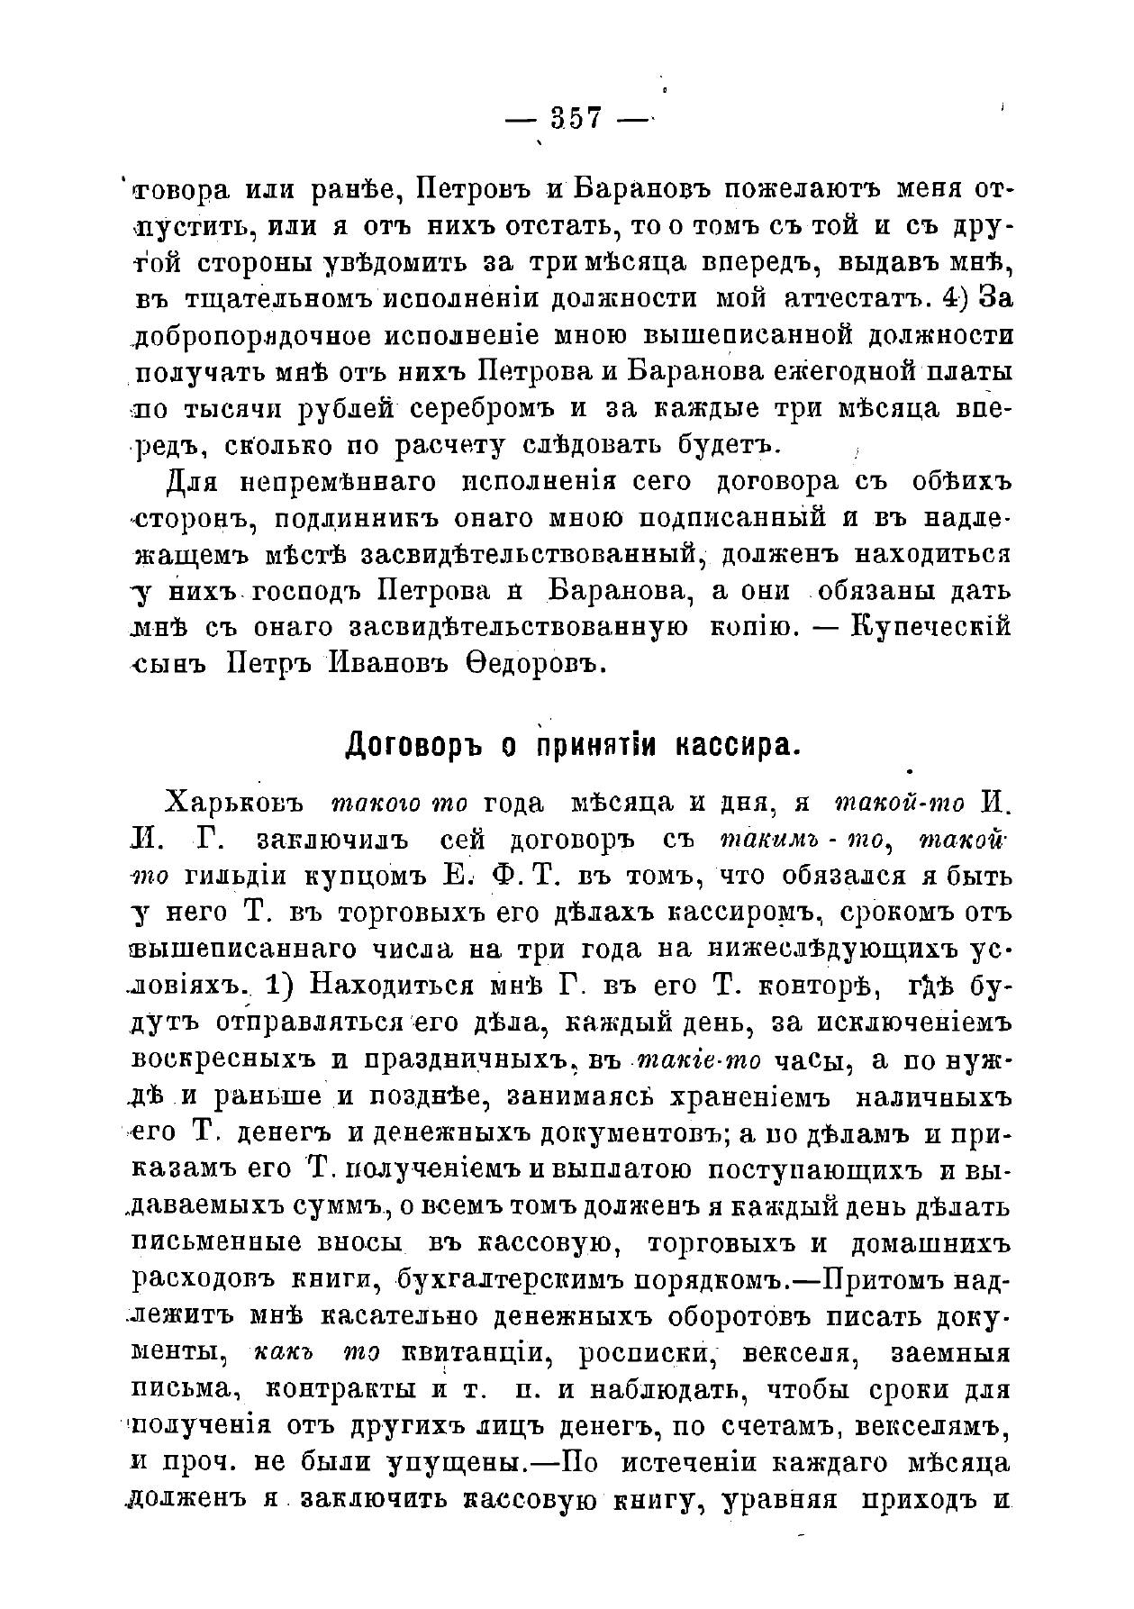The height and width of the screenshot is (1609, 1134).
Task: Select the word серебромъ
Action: pos(485,408)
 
